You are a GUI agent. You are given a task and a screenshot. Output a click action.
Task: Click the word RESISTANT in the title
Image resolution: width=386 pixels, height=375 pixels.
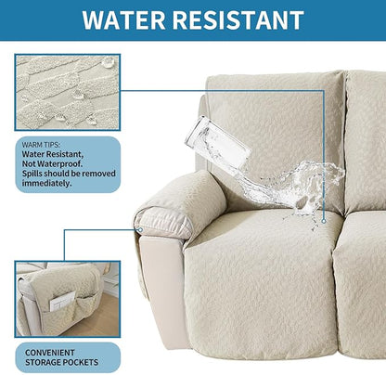pyautogui.click(x=241, y=20)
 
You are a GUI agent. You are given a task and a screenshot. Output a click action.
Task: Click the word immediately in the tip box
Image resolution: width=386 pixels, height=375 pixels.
pyautogui.click(x=46, y=183)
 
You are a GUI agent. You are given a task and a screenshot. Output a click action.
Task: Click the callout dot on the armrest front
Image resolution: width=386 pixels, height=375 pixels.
pyautogui.click(x=138, y=230)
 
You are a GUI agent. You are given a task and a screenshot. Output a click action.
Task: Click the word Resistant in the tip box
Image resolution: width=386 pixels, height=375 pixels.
pyautogui.click(x=70, y=154)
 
